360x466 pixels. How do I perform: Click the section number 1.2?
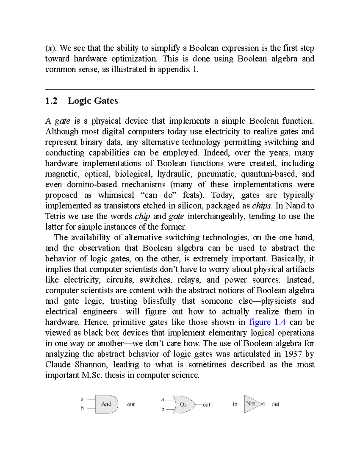51,101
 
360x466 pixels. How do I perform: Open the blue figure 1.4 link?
267,322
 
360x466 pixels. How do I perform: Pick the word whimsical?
116,195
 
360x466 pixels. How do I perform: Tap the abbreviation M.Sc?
92,375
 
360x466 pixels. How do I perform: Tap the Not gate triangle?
251,404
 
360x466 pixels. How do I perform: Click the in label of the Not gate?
235,404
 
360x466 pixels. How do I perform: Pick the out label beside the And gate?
131,404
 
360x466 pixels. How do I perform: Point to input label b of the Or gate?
163,409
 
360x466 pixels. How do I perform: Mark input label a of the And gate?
82,399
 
